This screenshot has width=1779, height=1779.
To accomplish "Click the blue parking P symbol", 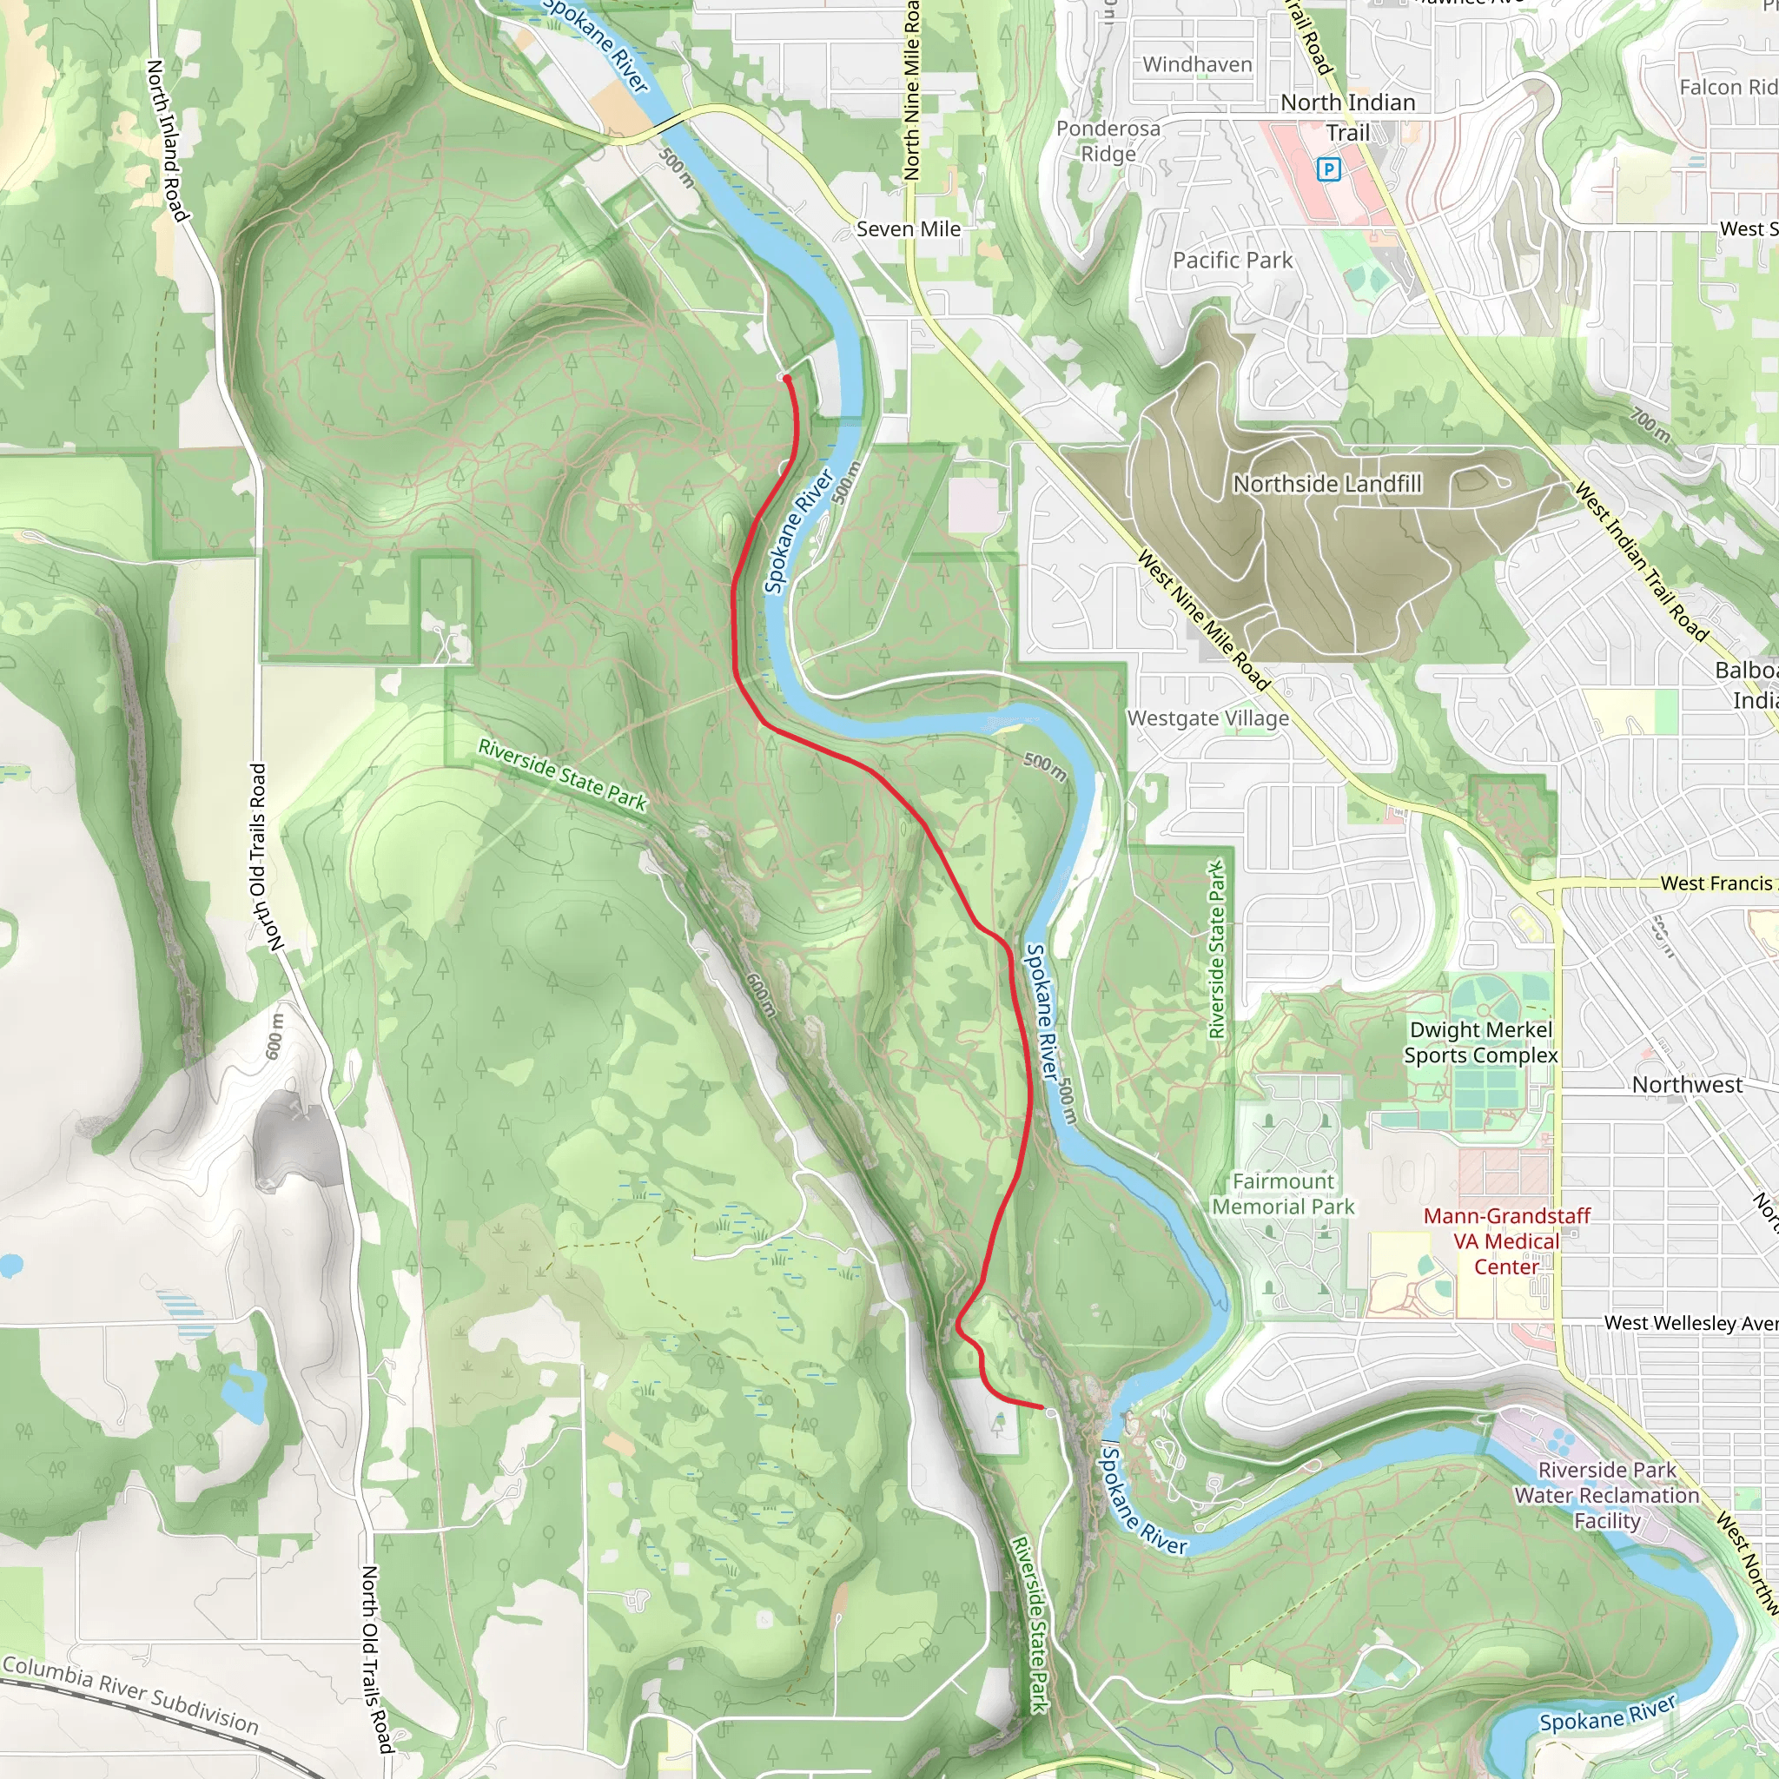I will (x=1328, y=169).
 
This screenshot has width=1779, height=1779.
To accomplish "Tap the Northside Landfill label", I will (x=1327, y=484).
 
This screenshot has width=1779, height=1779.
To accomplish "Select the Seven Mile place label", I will (x=908, y=229).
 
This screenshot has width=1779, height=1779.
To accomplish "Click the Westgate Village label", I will (x=1207, y=718).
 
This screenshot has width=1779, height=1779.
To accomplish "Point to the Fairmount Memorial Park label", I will (x=1283, y=1194).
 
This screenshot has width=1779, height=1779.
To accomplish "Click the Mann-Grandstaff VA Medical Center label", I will (x=1506, y=1241).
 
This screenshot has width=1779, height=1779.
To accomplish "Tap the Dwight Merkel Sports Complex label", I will (x=1481, y=1042).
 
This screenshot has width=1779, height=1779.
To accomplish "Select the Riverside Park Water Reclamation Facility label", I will (x=1607, y=1496).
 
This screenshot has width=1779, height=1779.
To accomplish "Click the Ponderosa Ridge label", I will (x=1108, y=141).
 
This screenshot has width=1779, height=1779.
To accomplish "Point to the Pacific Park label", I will (x=1232, y=261).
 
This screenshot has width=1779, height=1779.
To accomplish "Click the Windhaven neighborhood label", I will (x=1197, y=64).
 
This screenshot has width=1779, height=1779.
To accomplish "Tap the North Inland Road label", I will (x=168, y=140).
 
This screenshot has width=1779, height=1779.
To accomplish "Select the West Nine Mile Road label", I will (x=1203, y=620).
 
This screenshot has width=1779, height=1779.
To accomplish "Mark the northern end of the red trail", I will (x=786, y=378).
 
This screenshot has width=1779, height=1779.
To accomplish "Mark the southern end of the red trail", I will (x=1042, y=1407).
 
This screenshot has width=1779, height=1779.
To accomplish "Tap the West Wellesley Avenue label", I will (x=1690, y=1323).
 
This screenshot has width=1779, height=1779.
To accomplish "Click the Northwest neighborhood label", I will (x=1687, y=1085).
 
